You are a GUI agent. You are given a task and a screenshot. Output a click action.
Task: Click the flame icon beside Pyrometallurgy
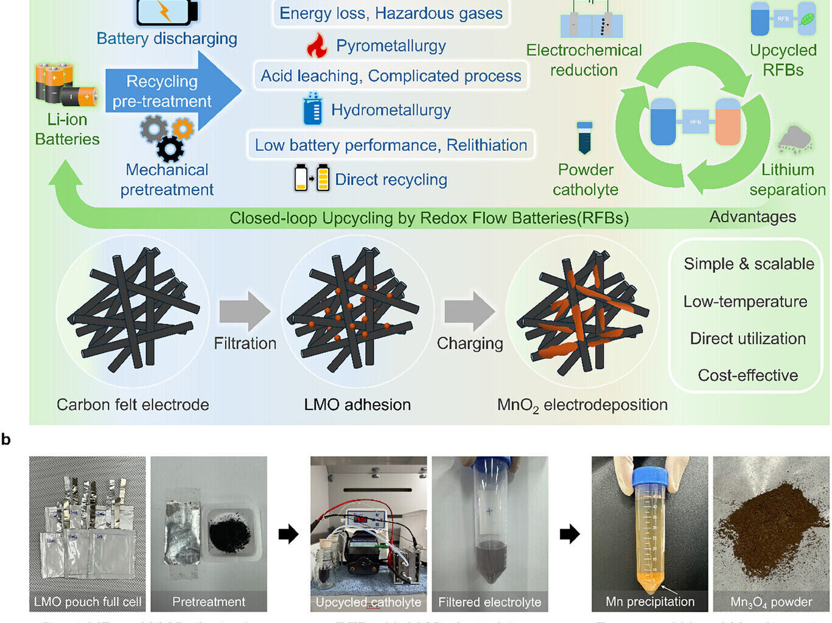point(316,46)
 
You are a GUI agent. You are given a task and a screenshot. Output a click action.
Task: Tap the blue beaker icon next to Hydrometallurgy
point(313,110)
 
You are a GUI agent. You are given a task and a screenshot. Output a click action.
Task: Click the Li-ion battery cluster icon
point(65,84)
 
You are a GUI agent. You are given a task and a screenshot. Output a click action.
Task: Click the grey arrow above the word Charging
point(469,310)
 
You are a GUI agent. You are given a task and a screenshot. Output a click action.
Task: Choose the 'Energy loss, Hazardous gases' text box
point(391,13)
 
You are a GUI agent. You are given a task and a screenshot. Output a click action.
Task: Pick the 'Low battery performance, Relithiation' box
point(391,145)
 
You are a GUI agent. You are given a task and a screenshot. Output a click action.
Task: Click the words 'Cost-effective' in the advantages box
point(747,375)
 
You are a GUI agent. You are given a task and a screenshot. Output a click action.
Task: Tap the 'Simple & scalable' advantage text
point(749,264)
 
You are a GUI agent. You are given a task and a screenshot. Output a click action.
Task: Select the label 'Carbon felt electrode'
point(133,405)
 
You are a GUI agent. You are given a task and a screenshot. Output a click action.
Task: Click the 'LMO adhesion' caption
point(357,405)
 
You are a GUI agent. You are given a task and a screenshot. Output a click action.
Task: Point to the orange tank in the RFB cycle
point(727,122)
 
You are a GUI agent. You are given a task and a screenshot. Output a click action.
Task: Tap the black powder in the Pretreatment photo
point(229,535)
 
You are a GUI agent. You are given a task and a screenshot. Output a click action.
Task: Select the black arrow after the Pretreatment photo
point(288,534)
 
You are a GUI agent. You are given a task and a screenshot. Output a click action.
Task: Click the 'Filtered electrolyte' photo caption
point(489,602)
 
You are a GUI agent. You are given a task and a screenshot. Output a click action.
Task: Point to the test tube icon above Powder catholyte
point(584,137)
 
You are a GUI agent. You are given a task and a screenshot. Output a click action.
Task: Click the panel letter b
point(6,440)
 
